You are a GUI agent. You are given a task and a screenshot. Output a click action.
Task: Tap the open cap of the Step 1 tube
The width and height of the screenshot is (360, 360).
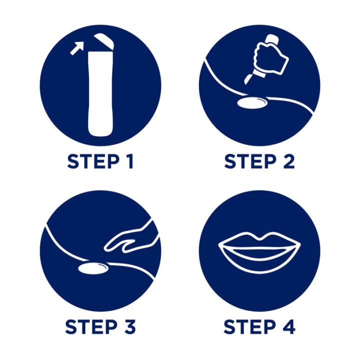click(104, 41)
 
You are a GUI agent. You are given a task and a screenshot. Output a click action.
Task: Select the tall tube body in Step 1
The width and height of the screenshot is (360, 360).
click(100, 93)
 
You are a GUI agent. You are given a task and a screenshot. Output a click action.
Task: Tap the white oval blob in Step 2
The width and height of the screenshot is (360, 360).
click(252, 102)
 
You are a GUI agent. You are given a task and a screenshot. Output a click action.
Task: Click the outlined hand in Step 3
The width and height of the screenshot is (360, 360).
click(131, 239)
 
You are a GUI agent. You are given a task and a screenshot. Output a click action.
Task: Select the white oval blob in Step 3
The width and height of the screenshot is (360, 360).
click(93, 268)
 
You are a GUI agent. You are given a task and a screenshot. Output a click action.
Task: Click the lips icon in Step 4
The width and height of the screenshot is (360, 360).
click(259, 252)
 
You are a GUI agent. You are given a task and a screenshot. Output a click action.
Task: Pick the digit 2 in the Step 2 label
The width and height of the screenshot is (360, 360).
click(288, 161)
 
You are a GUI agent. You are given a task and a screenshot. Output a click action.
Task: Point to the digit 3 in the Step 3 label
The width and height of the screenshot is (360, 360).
click(129, 326)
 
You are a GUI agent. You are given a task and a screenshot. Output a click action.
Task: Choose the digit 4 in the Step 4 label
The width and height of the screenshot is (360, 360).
click(288, 326)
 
